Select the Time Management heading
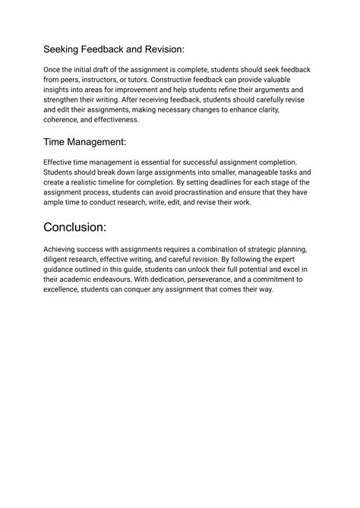85,141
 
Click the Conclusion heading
85,227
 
